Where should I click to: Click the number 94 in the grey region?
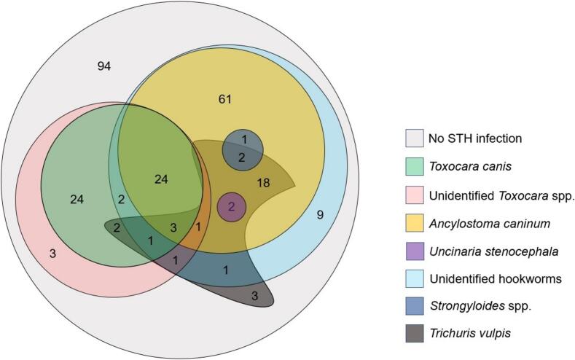(103, 66)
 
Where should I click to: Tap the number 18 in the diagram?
(264, 183)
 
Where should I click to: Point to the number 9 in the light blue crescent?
(320, 214)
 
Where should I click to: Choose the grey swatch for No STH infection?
(415, 138)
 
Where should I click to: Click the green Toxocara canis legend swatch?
(415, 167)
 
